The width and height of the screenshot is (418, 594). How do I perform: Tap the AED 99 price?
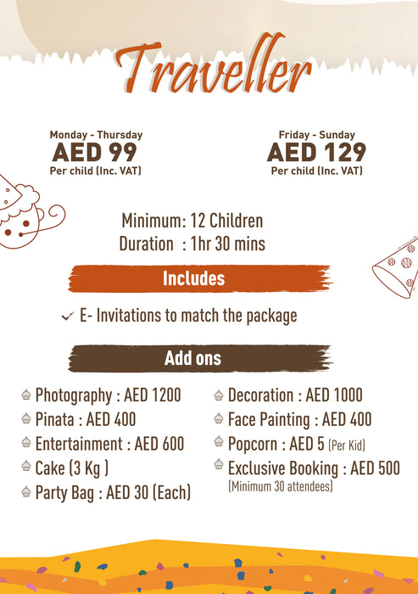coord(95,153)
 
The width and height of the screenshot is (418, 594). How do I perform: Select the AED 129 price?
coord(316,153)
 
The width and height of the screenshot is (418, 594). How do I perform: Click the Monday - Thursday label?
coord(96,135)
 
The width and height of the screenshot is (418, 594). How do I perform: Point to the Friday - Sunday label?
coord(316,135)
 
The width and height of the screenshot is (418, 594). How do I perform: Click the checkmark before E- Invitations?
coord(67,317)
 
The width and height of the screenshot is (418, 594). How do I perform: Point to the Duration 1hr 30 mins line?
coord(192,244)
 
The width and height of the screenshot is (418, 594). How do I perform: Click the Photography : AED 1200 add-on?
coord(108,395)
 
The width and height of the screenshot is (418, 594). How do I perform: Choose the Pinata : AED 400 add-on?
coord(85,419)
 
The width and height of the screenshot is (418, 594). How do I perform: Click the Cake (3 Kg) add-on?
coord(72,468)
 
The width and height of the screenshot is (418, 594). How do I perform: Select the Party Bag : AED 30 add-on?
coord(113,492)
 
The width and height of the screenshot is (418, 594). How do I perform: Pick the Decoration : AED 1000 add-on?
coord(294,395)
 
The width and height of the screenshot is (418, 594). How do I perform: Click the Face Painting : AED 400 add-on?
coord(299,419)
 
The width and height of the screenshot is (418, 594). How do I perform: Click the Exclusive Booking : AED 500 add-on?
coord(314,468)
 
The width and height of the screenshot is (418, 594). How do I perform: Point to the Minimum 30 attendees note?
coord(281,487)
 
